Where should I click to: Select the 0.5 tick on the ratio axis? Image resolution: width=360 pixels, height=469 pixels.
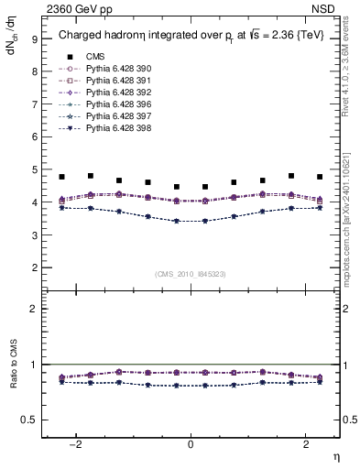pyautogui.click(x=29, y=420)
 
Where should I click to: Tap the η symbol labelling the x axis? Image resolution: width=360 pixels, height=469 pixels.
pyautogui.click(x=335, y=456)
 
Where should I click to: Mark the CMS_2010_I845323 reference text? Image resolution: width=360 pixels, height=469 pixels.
pyautogui.click(x=191, y=273)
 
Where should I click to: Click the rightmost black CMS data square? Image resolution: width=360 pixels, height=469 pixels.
pyautogui.click(x=320, y=177)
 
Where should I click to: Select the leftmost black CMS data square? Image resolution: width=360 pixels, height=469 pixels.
pyautogui.click(x=61, y=177)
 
